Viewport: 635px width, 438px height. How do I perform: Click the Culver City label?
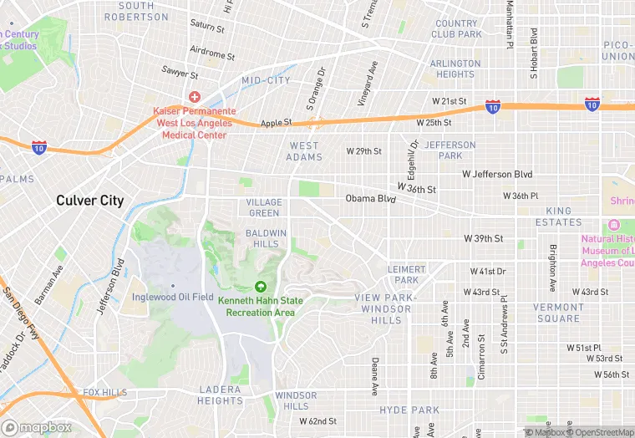click(x=89, y=201)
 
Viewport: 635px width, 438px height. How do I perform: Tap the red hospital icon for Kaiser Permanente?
click(x=194, y=97)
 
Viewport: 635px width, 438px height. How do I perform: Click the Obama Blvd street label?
click(x=370, y=199)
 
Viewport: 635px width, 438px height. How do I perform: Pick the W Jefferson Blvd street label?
click(x=497, y=174)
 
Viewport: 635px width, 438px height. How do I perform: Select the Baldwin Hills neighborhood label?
click(x=267, y=238)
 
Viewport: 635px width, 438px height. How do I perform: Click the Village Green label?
click(x=263, y=207)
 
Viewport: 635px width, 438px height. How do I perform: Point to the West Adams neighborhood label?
click(x=303, y=151)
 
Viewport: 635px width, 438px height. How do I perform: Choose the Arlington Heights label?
click(x=455, y=69)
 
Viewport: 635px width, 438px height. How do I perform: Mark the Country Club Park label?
click(x=456, y=29)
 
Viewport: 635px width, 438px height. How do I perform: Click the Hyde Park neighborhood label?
click(x=409, y=410)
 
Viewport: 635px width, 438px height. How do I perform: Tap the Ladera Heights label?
click(x=220, y=395)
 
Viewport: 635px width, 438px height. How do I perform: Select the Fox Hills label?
click(x=104, y=393)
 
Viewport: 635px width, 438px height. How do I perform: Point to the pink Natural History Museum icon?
click(x=614, y=226)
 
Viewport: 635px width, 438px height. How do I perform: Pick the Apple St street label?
click(x=276, y=123)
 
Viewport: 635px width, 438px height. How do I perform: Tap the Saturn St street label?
click(x=207, y=27)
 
